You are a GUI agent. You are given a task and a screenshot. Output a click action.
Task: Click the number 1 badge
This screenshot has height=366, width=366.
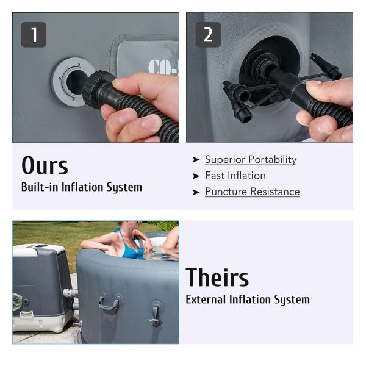[x=34, y=35]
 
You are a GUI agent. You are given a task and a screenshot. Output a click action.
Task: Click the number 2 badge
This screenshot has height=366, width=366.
[x=208, y=35]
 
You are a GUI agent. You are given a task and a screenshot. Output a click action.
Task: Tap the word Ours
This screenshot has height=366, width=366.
[x=45, y=165]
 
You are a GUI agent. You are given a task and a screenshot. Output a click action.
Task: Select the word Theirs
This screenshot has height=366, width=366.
[x=217, y=277]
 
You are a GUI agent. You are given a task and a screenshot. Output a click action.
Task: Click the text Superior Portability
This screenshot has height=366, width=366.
[x=251, y=160]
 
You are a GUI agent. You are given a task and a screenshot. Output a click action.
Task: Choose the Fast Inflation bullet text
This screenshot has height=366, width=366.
[x=235, y=176]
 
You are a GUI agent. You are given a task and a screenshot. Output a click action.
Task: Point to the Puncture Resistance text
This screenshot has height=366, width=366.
[x=253, y=192]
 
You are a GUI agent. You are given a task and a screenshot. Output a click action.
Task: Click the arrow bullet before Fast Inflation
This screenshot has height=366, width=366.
[x=196, y=176]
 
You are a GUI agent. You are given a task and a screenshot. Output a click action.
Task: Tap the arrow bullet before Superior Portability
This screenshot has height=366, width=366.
[x=196, y=160]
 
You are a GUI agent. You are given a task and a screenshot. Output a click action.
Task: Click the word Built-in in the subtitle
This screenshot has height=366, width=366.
[x=40, y=187]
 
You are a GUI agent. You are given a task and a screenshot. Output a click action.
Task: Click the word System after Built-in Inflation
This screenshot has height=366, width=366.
[x=124, y=188]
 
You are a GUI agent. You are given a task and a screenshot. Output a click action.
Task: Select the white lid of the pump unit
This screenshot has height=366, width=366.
[x=39, y=250]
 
